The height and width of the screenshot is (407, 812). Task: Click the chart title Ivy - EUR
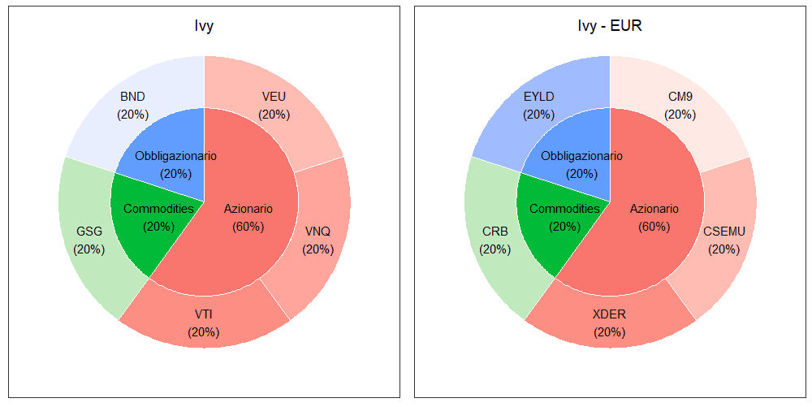click(x=610, y=27)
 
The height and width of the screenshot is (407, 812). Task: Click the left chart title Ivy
click(x=204, y=27)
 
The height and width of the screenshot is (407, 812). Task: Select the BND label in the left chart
click(x=132, y=97)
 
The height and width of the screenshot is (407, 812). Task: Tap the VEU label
click(x=274, y=97)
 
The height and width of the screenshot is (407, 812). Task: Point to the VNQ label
click(x=317, y=232)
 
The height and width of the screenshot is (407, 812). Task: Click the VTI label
click(x=204, y=314)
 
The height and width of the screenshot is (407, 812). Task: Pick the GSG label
click(x=89, y=232)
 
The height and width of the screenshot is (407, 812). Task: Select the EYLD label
click(x=539, y=97)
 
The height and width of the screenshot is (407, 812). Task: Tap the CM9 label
click(x=680, y=97)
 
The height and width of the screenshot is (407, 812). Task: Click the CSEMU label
click(x=724, y=232)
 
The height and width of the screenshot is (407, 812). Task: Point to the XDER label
click(x=610, y=314)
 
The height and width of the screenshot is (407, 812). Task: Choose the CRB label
click(x=495, y=232)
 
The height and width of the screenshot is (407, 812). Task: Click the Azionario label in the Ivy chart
click(x=248, y=209)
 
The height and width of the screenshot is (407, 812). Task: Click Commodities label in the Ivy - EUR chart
click(x=564, y=209)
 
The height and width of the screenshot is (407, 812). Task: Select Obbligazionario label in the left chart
click(x=175, y=156)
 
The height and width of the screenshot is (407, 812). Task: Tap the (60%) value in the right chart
click(x=654, y=227)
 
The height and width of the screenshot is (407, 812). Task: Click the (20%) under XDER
click(x=610, y=332)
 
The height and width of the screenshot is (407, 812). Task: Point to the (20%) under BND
click(x=132, y=115)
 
